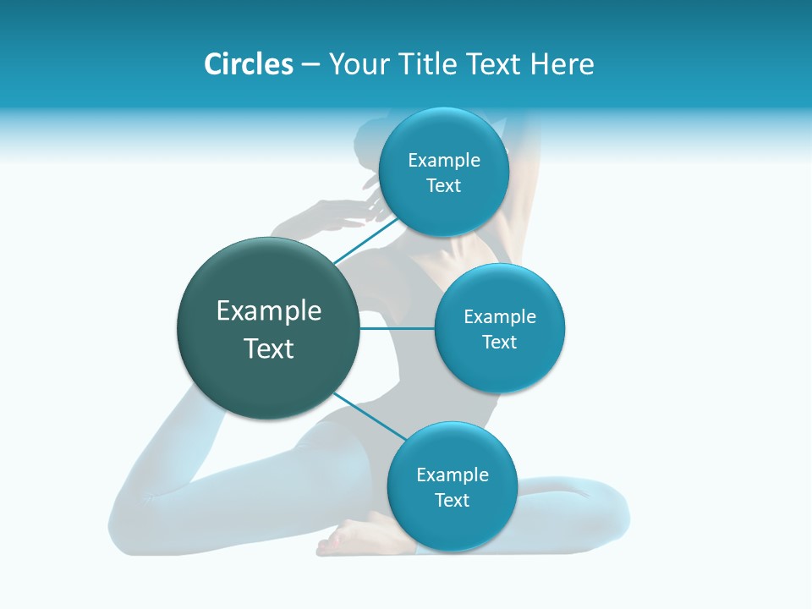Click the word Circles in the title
248,64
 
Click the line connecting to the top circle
365,240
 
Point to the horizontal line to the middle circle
397,328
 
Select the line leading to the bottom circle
370,417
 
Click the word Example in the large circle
269,311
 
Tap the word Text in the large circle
269,348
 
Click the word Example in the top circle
444,160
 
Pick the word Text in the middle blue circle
499,342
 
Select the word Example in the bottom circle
453,475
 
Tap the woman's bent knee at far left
127,516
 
